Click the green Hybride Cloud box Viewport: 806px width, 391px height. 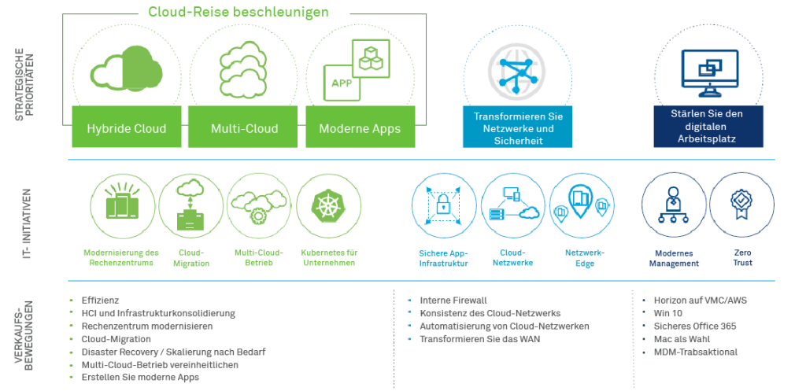(x=127, y=127)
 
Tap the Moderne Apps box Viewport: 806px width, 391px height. (x=360, y=127)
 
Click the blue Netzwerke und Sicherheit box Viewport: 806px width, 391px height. (x=518, y=127)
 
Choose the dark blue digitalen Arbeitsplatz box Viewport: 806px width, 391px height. (x=708, y=127)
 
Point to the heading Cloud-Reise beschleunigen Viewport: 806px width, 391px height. (x=238, y=12)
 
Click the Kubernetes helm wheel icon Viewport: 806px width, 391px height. (x=329, y=206)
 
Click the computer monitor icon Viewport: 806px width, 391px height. (x=709, y=73)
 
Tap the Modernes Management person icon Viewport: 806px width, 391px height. (x=673, y=205)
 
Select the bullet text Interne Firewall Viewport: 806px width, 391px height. (x=453, y=301)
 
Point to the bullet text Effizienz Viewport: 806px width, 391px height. (x=100, y=301)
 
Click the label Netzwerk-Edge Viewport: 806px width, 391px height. (x=585, y=259)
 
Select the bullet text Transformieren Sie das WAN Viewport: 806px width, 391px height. (x=479, y=339)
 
